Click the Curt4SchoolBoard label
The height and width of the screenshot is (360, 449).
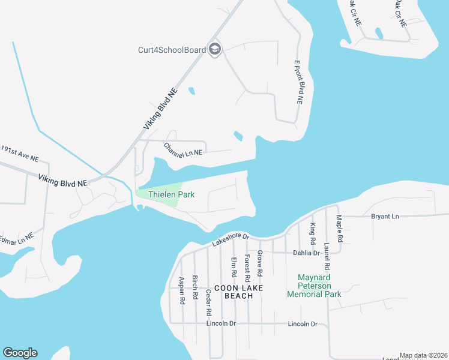tap(172, 50)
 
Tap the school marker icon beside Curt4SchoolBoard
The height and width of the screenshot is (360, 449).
tap(215, 50)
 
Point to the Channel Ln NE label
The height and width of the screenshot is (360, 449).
tap(184, 149)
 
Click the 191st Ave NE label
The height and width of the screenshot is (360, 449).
tap(19, 154)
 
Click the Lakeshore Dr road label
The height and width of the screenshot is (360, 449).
tap(230, 239)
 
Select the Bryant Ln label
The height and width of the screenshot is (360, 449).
tap(385, 216)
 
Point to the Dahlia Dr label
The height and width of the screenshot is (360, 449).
tap(306, 253)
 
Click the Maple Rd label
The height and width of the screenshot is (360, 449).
tap(340, 229)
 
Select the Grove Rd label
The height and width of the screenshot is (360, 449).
tap(260, 263)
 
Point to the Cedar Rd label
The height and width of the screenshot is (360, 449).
tap(208, 302)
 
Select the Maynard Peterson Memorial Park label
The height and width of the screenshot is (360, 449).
tap(314, 286)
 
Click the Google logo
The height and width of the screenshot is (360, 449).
tap(20, 353)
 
